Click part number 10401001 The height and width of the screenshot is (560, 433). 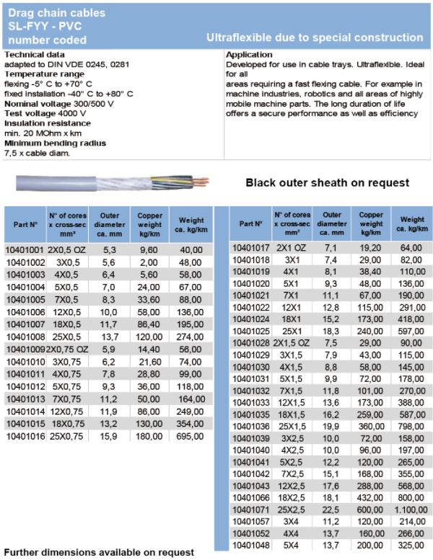click(25, 250)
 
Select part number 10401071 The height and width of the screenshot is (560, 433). click(251, 510)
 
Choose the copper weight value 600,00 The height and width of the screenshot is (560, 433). click(372, 510)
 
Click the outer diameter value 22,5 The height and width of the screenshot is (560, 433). click(331, 510)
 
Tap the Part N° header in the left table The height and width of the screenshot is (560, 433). click(25, 225)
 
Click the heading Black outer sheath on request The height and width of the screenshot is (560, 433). click(327, 182)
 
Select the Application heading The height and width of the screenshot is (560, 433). click(249, 55)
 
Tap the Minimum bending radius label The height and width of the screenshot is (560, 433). click(55, 143)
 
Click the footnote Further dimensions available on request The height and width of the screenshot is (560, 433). click(99, 552)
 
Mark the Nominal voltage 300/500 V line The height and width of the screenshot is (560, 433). click(59, 104)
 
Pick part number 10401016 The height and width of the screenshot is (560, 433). click(25, 437)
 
